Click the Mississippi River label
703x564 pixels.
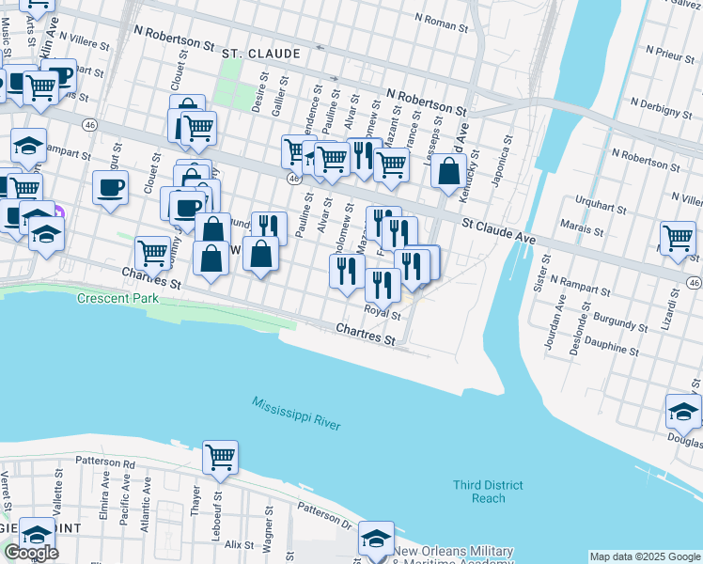point(295,414)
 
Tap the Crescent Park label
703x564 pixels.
point(117,298)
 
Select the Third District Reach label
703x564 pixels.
point(488,492)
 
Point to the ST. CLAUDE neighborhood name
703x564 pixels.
point(260,55)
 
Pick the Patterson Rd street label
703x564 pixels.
point(102,462)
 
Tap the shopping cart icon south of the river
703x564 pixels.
point(220,458)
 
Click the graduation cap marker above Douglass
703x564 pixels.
point(683,411)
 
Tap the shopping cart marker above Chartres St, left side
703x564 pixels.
point(152,252)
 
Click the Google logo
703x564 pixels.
point(31,553)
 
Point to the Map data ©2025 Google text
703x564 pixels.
point(644,556)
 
